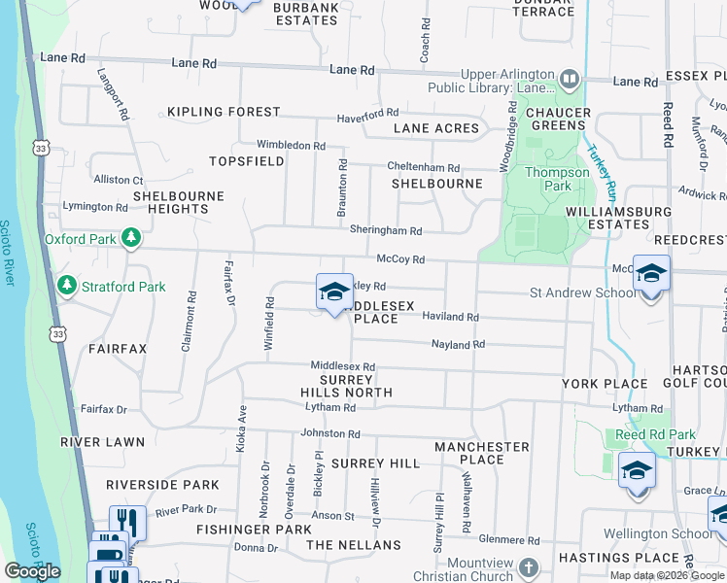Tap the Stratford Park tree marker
[x=67, y=287]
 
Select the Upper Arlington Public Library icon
[x=571, y=77]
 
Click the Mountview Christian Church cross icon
[x=528, y=566]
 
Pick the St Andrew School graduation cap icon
[x=650, y=274]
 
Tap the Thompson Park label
[x=557, y=179]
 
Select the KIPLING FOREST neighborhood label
[x=224, y=113]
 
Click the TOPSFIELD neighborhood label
[x=247, y=161]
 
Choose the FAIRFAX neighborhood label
[x=117, y=348]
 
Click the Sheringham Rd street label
[x=386, y=231]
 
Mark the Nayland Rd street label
[x=458, y=345]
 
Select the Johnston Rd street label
[x=330, y=434]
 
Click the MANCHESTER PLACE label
[x=481, y=454]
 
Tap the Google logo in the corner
[x=32, y=571]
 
